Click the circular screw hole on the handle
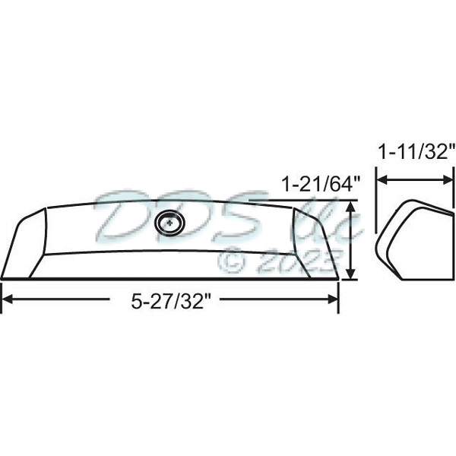tap(169, 223)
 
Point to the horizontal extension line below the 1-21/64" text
tap(304, 201)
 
